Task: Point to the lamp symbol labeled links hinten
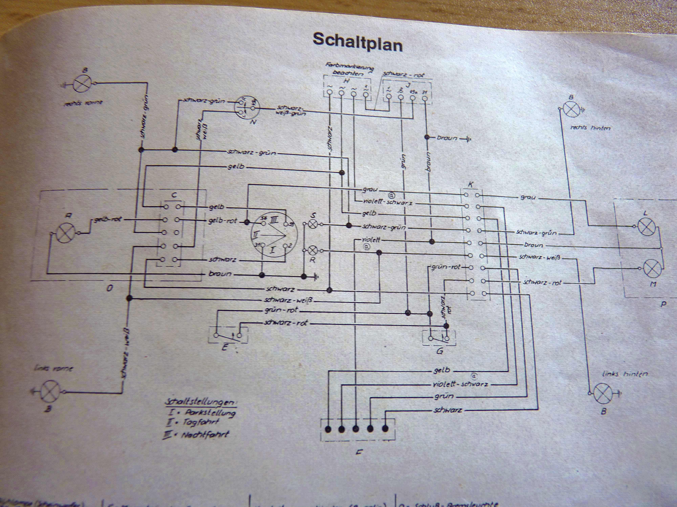point(603,393)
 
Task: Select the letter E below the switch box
point(224,347)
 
